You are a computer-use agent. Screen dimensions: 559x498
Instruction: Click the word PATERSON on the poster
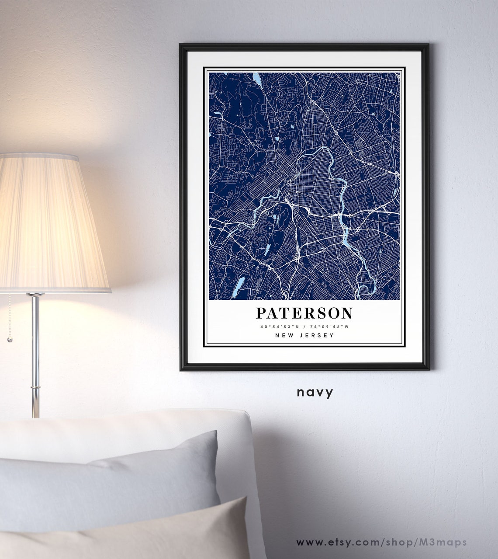pyautogui.click(x=304, y=313)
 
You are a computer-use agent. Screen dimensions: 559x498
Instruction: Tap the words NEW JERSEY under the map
pyautogui.click(x=304, y=335)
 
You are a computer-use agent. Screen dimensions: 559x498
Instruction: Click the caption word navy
pyautogui.click(x=315, y=392)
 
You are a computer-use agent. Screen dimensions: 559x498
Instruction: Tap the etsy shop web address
pyautogui.click(x=381, y=542)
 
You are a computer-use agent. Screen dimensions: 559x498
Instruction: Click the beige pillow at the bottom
pyautogui.click(x=131, y=533)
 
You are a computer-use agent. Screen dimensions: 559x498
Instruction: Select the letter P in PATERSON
pyautogui.click(x=261, y=313)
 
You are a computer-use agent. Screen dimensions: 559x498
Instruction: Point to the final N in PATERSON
pyautogui.click(x=347, y=313)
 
